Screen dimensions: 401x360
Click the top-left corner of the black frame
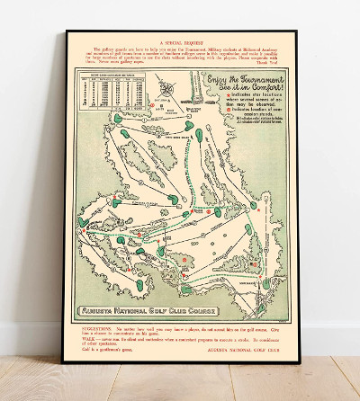[x=66, y=32]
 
